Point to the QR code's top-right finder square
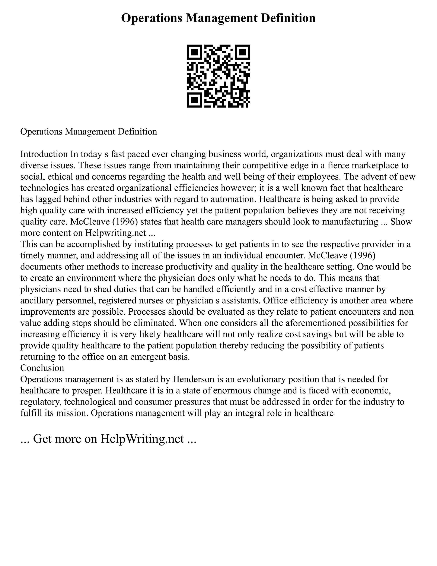point(243,52)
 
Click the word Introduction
point(44,154)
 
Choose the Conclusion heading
point(42,368)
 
